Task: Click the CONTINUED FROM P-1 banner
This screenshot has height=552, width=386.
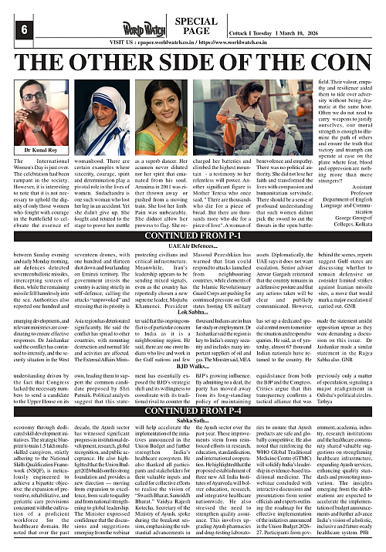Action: pyautogui.click(x=192, y=235)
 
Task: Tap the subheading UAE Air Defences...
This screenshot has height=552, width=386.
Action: pyautogui.click(x=192, y=245)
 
